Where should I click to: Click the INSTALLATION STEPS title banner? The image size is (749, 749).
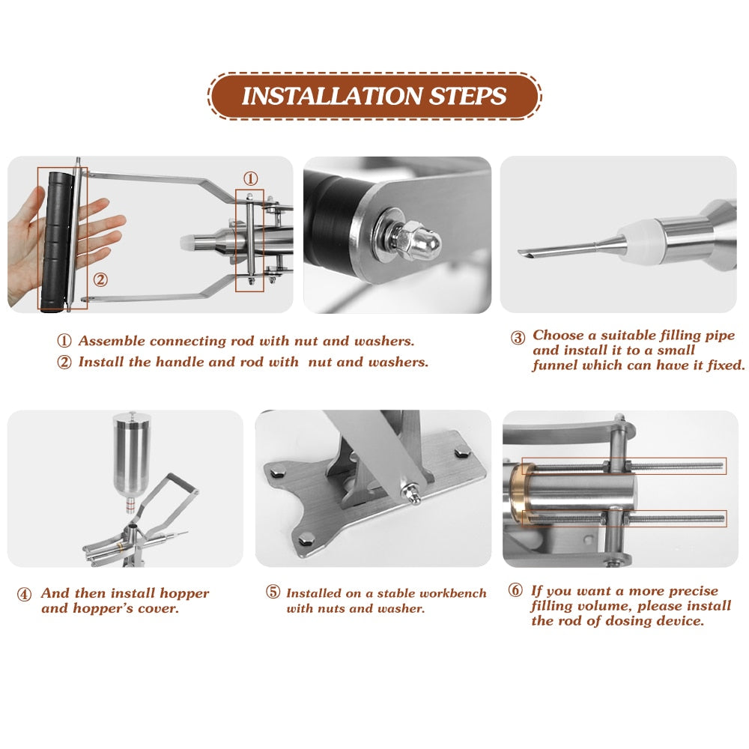coord(374,96)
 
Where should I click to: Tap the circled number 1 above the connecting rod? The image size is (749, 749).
coord(250,178)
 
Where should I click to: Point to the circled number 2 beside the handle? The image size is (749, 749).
coord(100,280)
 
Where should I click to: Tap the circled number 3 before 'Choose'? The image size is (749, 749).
coord(518,338)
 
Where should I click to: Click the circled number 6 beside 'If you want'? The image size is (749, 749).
coord(515,591)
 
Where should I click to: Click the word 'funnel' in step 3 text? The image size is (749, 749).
coord(554,366)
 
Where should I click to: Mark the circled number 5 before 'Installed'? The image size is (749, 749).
coord(273,592)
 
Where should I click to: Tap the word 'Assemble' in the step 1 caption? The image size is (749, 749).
coord(112,341)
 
